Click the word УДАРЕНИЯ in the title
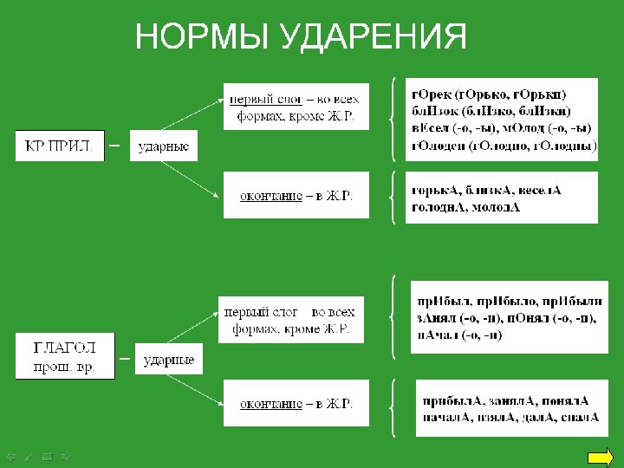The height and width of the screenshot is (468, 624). click(x=375, y=37)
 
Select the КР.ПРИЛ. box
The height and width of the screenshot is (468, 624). click(x=59, y=146)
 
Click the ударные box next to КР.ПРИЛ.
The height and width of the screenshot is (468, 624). click(x=164, y=146)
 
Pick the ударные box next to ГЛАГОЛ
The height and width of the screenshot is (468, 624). click(x=168, y=359)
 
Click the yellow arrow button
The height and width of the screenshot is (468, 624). click(x=600, y=458)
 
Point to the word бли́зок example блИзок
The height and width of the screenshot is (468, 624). click(x=432, y=112)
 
